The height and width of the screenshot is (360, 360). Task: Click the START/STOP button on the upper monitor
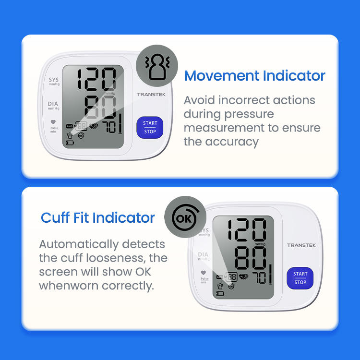click(150, 127)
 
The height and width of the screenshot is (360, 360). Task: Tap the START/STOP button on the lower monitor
click(300, 278)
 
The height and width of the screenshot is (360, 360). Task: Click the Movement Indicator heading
click(255, 76)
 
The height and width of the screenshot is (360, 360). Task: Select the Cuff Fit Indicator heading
click(98, 217)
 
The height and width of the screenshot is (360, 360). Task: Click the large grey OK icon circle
click(185, 218)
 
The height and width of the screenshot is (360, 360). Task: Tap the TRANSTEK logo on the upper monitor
click(151, 95)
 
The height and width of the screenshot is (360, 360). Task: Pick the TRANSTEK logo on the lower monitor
click(301, 245)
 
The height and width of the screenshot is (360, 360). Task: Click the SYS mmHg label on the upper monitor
click(53, 81)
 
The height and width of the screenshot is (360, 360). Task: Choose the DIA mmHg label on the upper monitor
click(53, 105)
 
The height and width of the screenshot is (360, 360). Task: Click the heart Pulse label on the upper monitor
click(53, 126)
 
